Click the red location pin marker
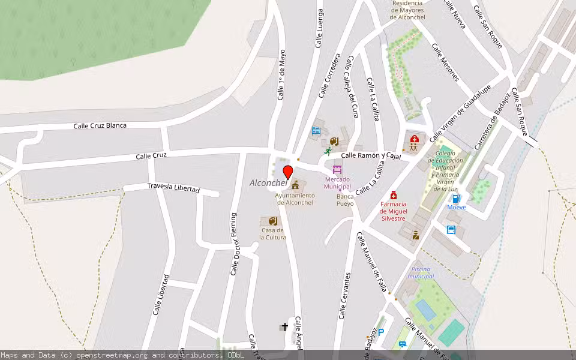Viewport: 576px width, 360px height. click(x=288, y=172)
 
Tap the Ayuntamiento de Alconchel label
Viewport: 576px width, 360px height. click(x=295, y=199)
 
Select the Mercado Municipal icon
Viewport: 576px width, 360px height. click(x=337, y=170)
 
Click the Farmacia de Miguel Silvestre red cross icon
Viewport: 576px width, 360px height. click(x=394, y=195)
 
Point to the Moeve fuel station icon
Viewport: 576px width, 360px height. click(x=456, y=199)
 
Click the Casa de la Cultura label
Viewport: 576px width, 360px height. click(x=272, y=234)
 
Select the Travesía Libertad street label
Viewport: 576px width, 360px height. click(x=173, y=188)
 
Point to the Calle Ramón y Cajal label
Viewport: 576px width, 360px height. click(x=370, y=155)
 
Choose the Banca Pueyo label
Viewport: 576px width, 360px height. click(x=345, y=200)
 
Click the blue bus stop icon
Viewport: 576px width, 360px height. click(x=451, y=229)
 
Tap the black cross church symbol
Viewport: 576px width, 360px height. click(x=284, y=327)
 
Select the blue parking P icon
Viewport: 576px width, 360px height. click(x=381, y=332)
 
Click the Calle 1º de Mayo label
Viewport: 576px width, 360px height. click(x=281, y=74)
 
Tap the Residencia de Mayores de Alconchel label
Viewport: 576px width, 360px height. click(x=407, y=10)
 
